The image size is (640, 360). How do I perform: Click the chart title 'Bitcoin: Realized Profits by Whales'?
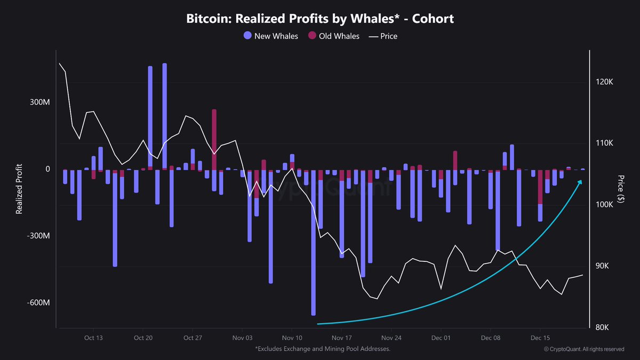click(320, 19)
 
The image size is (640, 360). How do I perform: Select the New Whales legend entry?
click(270, 36)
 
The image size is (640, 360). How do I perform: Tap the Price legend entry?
click(383, 36)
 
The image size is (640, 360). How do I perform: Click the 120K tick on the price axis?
click(606, 82)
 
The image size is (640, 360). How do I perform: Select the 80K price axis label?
click(605, 327)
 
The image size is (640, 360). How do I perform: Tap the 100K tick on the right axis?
click(606, 205)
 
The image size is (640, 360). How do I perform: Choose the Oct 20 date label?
click(143, 338)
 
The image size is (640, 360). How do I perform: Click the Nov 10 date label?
click(292, 338)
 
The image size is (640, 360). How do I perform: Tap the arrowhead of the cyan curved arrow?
click(580, 182)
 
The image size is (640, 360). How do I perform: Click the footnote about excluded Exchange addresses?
click(323, 349)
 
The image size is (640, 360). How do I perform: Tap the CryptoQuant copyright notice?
click(584, 349)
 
